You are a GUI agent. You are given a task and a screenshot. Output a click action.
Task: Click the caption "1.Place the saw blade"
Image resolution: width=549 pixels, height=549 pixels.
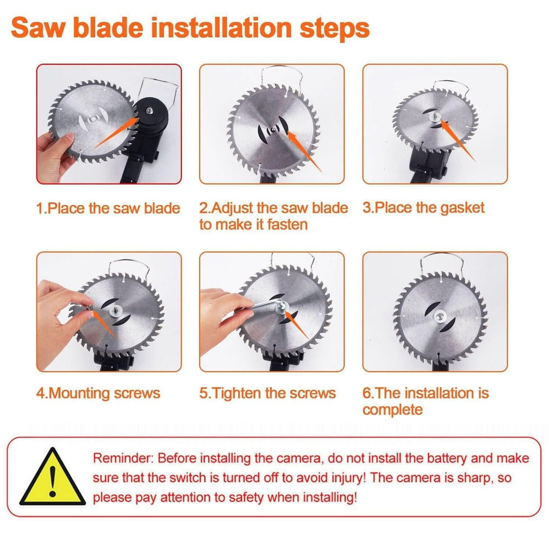108,208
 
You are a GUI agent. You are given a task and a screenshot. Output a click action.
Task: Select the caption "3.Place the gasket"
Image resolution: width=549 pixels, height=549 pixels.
424,208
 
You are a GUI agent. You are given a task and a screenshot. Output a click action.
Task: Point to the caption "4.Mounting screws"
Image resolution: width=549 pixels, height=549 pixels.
98,393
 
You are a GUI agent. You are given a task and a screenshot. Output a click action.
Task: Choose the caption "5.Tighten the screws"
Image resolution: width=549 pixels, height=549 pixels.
268,393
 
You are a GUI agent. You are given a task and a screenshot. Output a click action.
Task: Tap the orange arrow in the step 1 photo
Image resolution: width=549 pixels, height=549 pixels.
116,132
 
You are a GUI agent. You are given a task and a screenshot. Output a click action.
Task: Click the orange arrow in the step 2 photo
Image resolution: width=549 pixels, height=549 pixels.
304,151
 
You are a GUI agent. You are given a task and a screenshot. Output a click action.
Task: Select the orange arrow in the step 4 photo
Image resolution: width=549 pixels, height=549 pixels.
102,323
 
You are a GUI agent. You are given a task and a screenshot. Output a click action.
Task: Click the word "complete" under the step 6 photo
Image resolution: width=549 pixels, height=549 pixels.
392,410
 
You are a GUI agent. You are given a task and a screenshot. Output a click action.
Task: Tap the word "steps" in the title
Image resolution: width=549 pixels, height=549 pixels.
335,28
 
